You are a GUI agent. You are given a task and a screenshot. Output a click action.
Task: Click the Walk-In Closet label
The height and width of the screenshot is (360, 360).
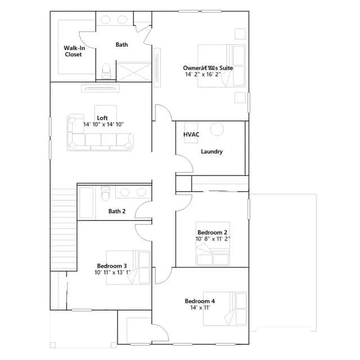pos(74,51)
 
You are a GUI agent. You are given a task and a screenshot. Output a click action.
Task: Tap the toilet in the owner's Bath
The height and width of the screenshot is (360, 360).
pos(106,71)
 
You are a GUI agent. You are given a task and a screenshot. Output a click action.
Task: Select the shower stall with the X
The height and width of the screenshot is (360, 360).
pos(134,71)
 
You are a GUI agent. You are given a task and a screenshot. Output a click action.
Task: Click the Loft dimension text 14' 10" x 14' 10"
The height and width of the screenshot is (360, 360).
pos(103,124)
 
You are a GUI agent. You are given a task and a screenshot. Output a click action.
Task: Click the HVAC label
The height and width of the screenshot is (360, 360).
pos(191,134)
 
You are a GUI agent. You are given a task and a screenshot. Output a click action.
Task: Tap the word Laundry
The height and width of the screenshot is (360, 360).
pos(211,151)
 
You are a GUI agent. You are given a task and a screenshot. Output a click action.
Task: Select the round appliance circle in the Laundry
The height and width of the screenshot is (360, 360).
pos(217,129)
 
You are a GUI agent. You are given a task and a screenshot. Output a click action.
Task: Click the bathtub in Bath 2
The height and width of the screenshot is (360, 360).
pos(86,203)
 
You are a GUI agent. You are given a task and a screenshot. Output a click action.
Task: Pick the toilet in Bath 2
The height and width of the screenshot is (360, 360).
pos(106,193)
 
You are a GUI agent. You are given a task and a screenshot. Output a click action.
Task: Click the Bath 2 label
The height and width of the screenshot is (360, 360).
pos(117,211)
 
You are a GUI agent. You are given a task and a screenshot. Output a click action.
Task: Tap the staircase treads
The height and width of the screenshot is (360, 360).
pos(64,229)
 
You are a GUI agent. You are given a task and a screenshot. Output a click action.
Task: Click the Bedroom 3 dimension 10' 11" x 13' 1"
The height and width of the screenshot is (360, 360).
pos(112,272)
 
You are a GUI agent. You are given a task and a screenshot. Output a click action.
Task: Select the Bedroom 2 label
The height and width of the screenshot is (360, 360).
pos(213,232)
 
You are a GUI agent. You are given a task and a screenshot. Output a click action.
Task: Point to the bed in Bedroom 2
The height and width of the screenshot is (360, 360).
pos(213,244)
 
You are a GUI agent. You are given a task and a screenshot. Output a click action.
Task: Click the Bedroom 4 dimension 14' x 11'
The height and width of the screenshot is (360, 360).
pos(200,308)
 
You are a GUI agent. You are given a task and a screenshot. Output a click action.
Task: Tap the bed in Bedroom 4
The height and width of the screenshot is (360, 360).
pos(225,309)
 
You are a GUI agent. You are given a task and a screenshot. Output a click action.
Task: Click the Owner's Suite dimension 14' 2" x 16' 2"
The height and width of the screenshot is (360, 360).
pos(203,74)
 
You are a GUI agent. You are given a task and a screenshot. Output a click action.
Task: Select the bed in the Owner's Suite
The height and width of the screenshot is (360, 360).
pos(222,66)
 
